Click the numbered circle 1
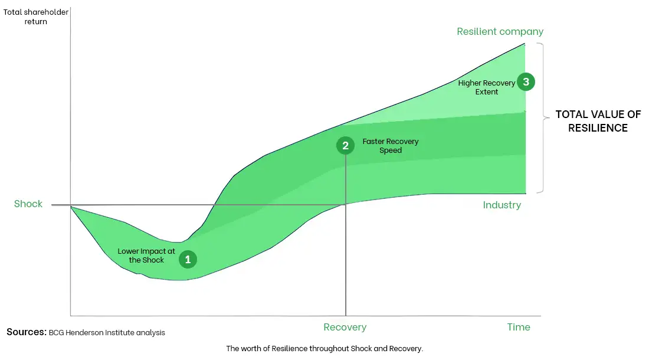188,259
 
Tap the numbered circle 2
345,145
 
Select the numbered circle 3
526,82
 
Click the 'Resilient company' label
500,31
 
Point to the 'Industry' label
501,205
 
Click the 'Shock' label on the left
28,204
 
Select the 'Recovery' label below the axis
345,327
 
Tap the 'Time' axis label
519,327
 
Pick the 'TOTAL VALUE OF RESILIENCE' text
598,122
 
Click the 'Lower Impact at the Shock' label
146,256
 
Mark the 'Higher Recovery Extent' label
486,87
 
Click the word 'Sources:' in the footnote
26,332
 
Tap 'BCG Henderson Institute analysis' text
107,333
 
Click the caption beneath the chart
324,349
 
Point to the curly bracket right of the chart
543,118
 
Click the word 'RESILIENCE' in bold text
598,128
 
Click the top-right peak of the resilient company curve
524,44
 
